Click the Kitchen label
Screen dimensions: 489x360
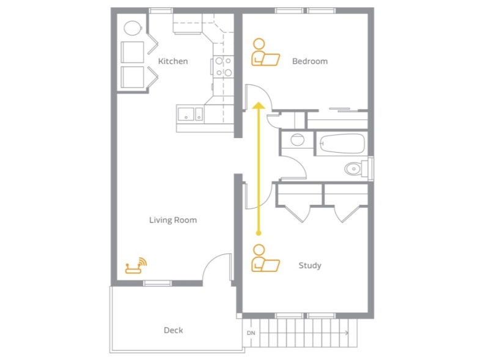pyautogui.click(x=173, y=61)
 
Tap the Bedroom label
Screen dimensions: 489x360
pyautogui.click(x=310, y=61)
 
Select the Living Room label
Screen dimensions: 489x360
pyautogui.click(x=173, y=220)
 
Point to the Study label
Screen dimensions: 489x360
pyautogui.click(x=310, y=265)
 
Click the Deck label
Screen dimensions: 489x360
pyautogui.click(x=173, y=330)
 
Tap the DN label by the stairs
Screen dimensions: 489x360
pyautogui.click(x=251, y=333)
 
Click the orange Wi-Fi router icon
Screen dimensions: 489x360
pyautogui.click(x=136, y=265)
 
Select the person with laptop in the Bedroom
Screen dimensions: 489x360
pyautogui.click(x=265, y=52)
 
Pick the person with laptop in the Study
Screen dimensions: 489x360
pyautogui.click(x=265, y=258)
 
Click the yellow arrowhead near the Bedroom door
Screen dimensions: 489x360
pyautogui.click(x=259, y=106)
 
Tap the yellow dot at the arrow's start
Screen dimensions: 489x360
pyautogui.click(x=258, y=233)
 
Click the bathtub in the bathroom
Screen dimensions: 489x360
pyautogui.click(x=342, y=144)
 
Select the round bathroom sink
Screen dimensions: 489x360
pyautogui.click(x=297, y=140)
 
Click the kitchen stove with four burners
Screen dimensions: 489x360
pyautogui.click(x=223, y=67)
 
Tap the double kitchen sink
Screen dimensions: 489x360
pyautogui.click(x=190, y=114)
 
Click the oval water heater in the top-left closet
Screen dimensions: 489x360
pyautogui.click(x=133, y=28)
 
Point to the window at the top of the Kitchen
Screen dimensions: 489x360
pyautogui.click(x=161, y=10)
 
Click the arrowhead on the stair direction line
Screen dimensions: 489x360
pyautogui.click(x=347, y=333)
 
